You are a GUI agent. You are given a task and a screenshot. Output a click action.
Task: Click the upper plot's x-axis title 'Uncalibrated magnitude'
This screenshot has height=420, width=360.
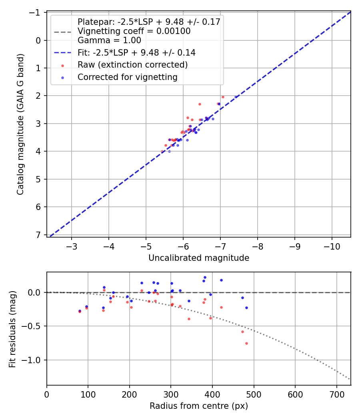pyautogui.click(x=199, y=258)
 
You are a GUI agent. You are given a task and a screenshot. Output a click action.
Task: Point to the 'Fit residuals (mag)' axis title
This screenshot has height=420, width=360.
pyautogui.click(x=12, y=329)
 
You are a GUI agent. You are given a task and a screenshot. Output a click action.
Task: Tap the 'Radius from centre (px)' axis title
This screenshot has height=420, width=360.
pyautogui.click(x=199, y=406)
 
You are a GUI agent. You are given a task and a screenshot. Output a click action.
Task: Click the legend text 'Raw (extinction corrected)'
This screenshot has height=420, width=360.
pyautogui.click(x=133, y=64)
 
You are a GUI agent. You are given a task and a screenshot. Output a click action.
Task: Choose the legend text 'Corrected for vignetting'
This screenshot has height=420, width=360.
pyautogui.click(x=128, y=77)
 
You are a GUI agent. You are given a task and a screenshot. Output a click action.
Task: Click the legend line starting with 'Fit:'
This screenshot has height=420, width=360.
pyautogui.click(x=136, y=52)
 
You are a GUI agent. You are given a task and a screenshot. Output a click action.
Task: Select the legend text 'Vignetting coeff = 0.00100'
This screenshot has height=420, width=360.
pyautogui.click(x=134, y=31)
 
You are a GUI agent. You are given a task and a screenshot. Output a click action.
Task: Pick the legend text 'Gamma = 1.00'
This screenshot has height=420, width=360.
pyautogui.click(x=109, y=40)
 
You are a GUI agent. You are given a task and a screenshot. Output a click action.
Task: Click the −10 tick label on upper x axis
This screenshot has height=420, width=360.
pyautogui.click(x=332, y=245)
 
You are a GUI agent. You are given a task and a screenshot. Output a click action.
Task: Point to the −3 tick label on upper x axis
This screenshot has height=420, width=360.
pyautogui.click(x=72, y=245)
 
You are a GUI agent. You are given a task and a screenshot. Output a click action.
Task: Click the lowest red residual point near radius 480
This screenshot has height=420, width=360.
pyautogui.click(x=246, y=343)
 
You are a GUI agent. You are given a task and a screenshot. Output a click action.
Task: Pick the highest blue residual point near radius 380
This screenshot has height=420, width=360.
pyautogui.click(x=205, y=277)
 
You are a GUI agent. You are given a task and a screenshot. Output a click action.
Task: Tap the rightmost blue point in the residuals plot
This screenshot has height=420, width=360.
pyautogui.click(x=246, y=308)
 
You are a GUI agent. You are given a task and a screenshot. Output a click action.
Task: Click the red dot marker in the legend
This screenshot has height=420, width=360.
pyautogui.click(x=62, y=65)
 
